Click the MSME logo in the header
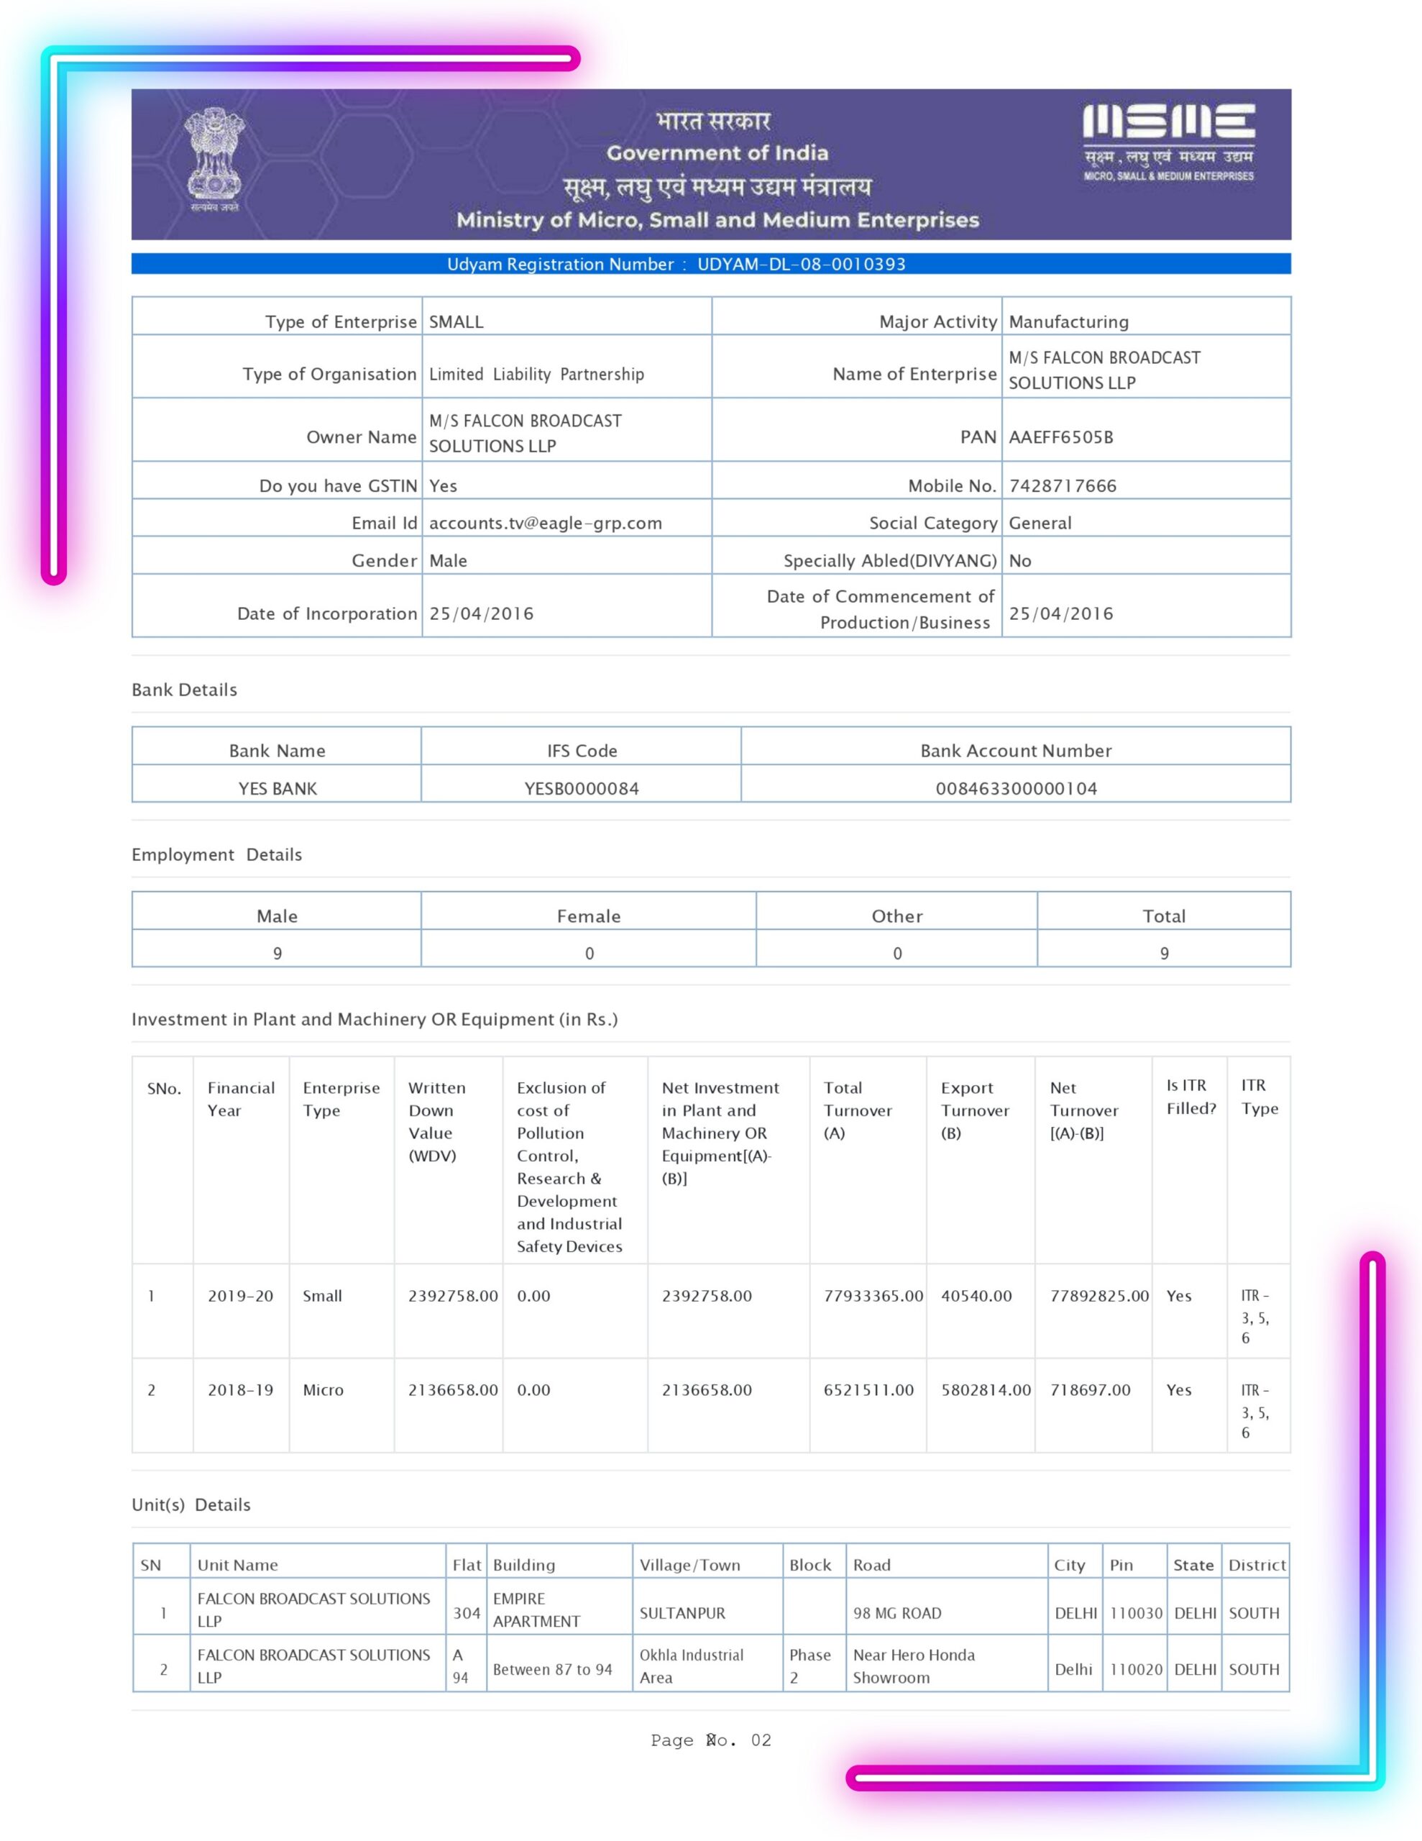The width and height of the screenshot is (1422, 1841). tap(1168, 142)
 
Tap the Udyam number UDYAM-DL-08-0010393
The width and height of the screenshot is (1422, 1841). tap(801, 264)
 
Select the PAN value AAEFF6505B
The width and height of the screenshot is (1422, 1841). tap(1060, 437)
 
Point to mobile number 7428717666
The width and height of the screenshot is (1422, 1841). tap(1062, 485)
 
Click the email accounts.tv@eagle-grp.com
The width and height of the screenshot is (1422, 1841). tap(546, 523)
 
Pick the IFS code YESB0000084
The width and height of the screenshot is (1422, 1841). tap(582, 788)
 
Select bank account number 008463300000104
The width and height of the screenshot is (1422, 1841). tap(1016, 788)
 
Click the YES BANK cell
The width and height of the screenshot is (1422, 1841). tap(277, 788)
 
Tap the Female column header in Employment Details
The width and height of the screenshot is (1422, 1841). tap(588, 915)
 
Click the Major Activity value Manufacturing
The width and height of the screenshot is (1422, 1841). tap(1068, 321)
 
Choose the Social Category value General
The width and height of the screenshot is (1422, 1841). tap(1040, 523)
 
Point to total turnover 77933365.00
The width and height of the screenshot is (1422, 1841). tap(873, 1296)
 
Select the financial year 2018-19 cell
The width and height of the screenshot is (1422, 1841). tap(240, 1390)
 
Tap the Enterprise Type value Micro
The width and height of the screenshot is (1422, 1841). tap(323, 1390)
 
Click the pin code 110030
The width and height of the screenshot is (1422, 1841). tap(1135, 1612)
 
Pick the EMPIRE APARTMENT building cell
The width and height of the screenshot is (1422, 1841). tap(536, 1609)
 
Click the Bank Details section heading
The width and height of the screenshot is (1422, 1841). tap(185, 690)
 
